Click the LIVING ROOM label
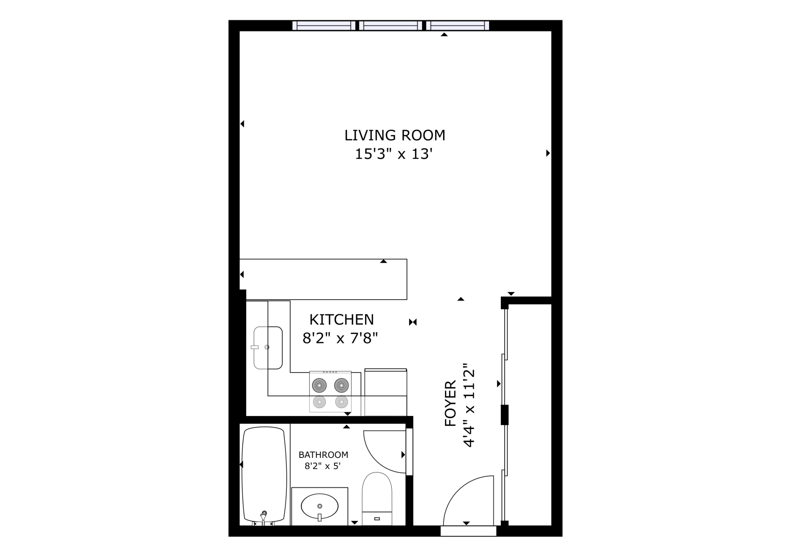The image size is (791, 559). (x=395, y=135)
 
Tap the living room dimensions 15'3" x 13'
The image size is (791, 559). (x=394, y=154)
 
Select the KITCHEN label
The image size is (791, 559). (x=341, y=320)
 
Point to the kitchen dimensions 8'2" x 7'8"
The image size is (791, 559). (x=340, y=338)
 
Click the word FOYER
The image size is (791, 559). (x=450, y=403)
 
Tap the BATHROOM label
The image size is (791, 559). (x=323, y=455)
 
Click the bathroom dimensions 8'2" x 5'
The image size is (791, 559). (x=322, y=466)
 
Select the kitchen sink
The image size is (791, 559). (x=268, y=348)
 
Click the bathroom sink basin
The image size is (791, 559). (x=319, y=507)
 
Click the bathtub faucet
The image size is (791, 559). (x=263, y=516)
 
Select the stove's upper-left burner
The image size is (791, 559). (x=319, y=386)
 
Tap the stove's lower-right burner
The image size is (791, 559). (x=341, y=402)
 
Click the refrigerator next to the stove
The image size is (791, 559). (x=386, y=392)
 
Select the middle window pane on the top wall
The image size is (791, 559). (x=391, y=25)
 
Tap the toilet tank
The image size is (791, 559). (x=377, y=518)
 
